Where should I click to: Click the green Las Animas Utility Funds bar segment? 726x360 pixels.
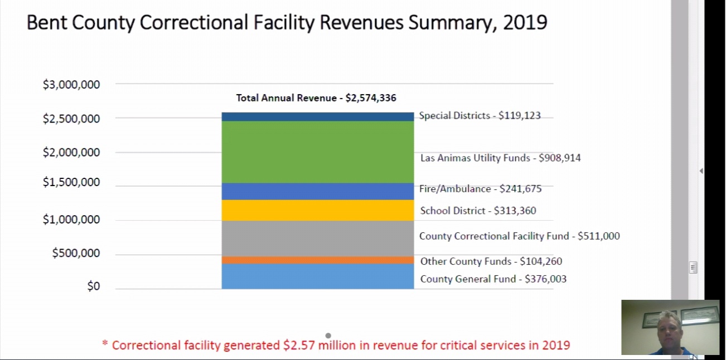[317, 152]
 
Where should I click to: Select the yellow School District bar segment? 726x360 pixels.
[317, 210]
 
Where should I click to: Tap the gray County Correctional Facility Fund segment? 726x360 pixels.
[317, 239]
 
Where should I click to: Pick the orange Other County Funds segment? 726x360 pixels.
[317, 260]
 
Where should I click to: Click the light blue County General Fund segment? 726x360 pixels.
[317, 276]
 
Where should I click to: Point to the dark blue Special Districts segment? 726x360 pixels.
[317, 116]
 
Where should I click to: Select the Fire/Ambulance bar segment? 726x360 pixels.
[317, 191]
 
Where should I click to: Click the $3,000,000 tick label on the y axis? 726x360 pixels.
[71, 85]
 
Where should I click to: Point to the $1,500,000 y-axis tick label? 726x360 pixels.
[71, 182]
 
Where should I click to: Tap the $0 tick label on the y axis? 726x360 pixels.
[93, 286]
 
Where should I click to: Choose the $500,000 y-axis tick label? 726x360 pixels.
[76, 253]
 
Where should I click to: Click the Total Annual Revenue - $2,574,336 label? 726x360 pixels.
[316, 98]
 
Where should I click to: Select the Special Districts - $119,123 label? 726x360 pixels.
[480, 116]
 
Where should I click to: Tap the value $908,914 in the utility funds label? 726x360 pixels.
[560, 158]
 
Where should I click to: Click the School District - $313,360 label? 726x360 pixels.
[478, 211]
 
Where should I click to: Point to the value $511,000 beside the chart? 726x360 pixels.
[598, 236]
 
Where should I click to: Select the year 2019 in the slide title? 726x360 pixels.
[525, 23]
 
